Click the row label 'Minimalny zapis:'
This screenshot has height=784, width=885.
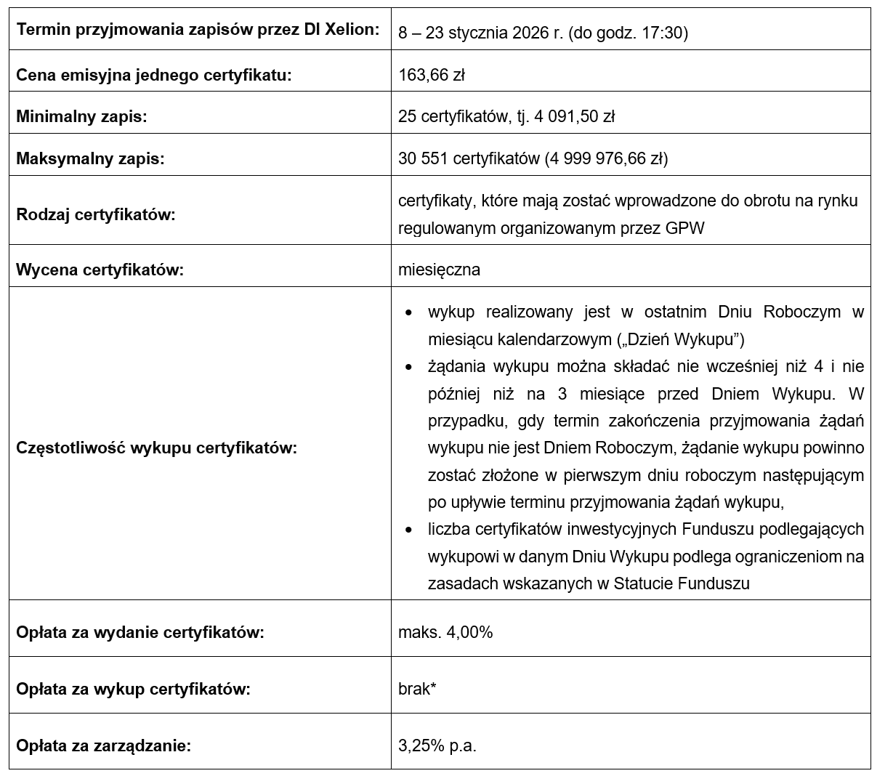pyautogui.click(x=81, y=116)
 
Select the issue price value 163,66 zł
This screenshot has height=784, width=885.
pyautogui.click(x=432, y=75)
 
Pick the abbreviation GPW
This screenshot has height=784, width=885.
pyautogui.click(x=684, y=228)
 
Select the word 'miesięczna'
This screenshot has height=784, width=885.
pyautogui.click(x=439, y=270)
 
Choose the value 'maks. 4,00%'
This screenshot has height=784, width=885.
pyautogui.click(x=445, y=632)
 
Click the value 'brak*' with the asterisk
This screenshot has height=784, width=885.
pyautogui.click(x=417, y=689)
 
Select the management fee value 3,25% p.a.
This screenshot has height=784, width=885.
pyautogui.click(x=437, y=745)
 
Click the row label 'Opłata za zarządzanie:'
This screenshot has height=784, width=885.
pyautogui.click(x=103, y=745)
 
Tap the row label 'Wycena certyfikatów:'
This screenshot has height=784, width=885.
pyautogui.click(x=100, y=270)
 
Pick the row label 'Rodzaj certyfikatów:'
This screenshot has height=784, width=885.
pyautogui.click(x=96, y=215)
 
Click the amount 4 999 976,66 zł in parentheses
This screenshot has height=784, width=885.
pyautogui.click(x=607, y=158)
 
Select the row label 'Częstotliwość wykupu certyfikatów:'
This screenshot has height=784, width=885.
pyautogui.click(x=156, y=448)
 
